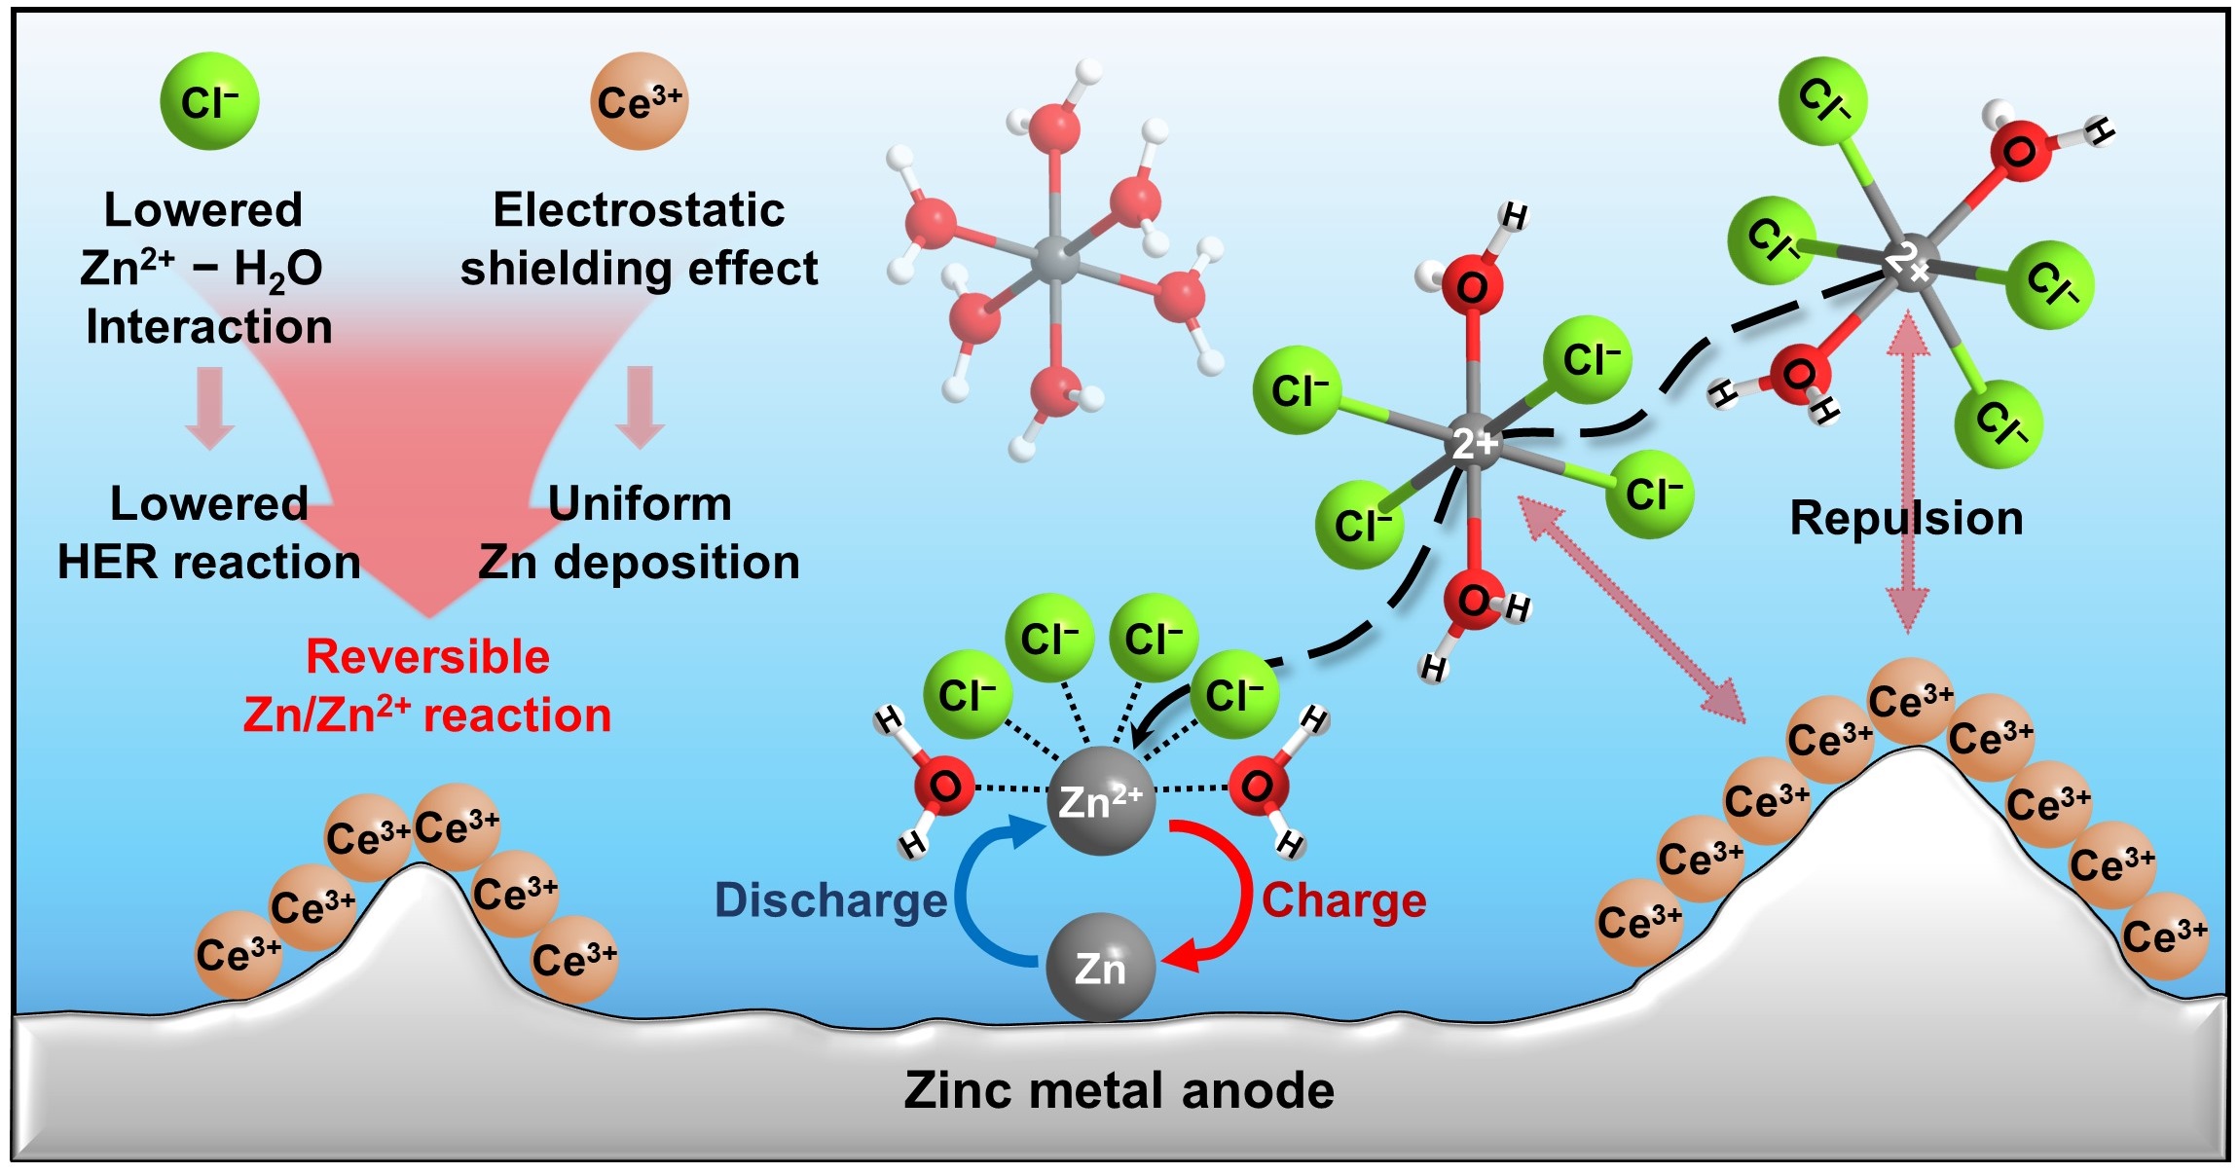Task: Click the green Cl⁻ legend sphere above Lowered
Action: coord(209,101)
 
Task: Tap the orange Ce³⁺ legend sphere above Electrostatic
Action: coord(639,101)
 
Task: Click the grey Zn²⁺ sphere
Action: coord(1101,801)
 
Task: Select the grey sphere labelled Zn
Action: coord(1100,968)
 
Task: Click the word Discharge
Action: coord(830,900)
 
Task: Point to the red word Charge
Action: coord(1343,900)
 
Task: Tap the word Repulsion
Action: coord(1906,518)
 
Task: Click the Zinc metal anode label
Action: coord(1119,1090)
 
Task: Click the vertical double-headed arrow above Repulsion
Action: coord(1908,409)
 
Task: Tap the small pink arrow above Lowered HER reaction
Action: coord(210,407)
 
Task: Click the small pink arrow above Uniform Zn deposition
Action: coord(640,407)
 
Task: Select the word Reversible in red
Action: coord(427,657)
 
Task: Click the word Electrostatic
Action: coord(639,210)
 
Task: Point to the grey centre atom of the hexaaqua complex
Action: coord(1055,260)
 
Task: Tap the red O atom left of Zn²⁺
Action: coord(943,786)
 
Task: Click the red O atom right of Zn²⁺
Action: coord(1258,786)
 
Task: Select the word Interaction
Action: coord(208,327)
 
